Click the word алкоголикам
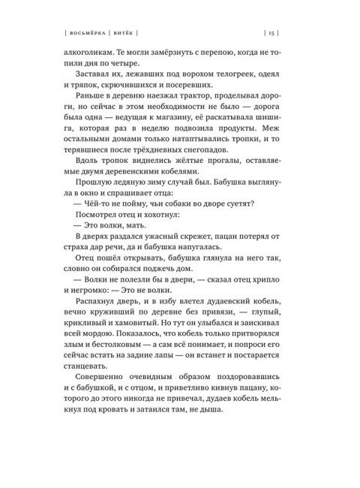pos(91,54)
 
